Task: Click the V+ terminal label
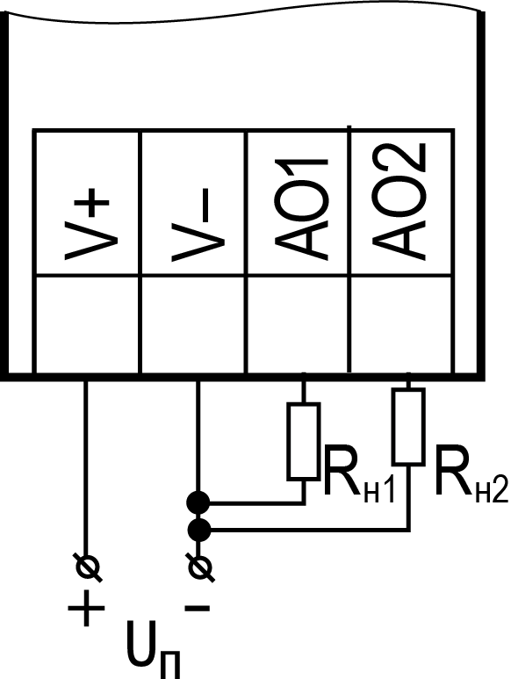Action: pyautogui.click(x=87, y=228)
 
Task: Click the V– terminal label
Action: pyautogui.click(x=191, y=225)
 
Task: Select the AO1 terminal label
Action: pyautogui.click(x=301, y=210)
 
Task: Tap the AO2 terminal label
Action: pyautogui.click(x=399, y=202)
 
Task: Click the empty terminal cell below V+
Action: pyautogui.click(x=87, y=324)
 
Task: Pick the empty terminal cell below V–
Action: pyautogui.click(x=193, y=324)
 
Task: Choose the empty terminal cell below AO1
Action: pyautogui.click(x=299, y=324)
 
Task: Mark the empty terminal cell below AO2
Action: pyautogui.click(x=401, y=324)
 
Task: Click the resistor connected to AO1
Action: pyautogui.click(x=304, y=441)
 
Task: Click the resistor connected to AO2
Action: pyautogui.click(x=408, y=427)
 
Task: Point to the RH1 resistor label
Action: pyautogui.click(x=359, y=475)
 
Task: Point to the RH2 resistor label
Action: pyautogui.click(x=471, y=473)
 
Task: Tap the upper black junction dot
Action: pyautogui.click(x=198, y=503)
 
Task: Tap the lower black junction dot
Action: pyautogui.click(x=199, y=530)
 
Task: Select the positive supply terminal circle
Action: pyautogui.click(x=89, y=567)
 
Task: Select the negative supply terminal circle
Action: pyautogui.click(x=200, y=567)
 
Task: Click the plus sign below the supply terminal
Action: pyautogui.click(x=87, y=608)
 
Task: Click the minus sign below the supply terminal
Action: pyautogui.click(x=198, y=608)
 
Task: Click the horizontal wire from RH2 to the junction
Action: pyautogui.click(x=310, y=529)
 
